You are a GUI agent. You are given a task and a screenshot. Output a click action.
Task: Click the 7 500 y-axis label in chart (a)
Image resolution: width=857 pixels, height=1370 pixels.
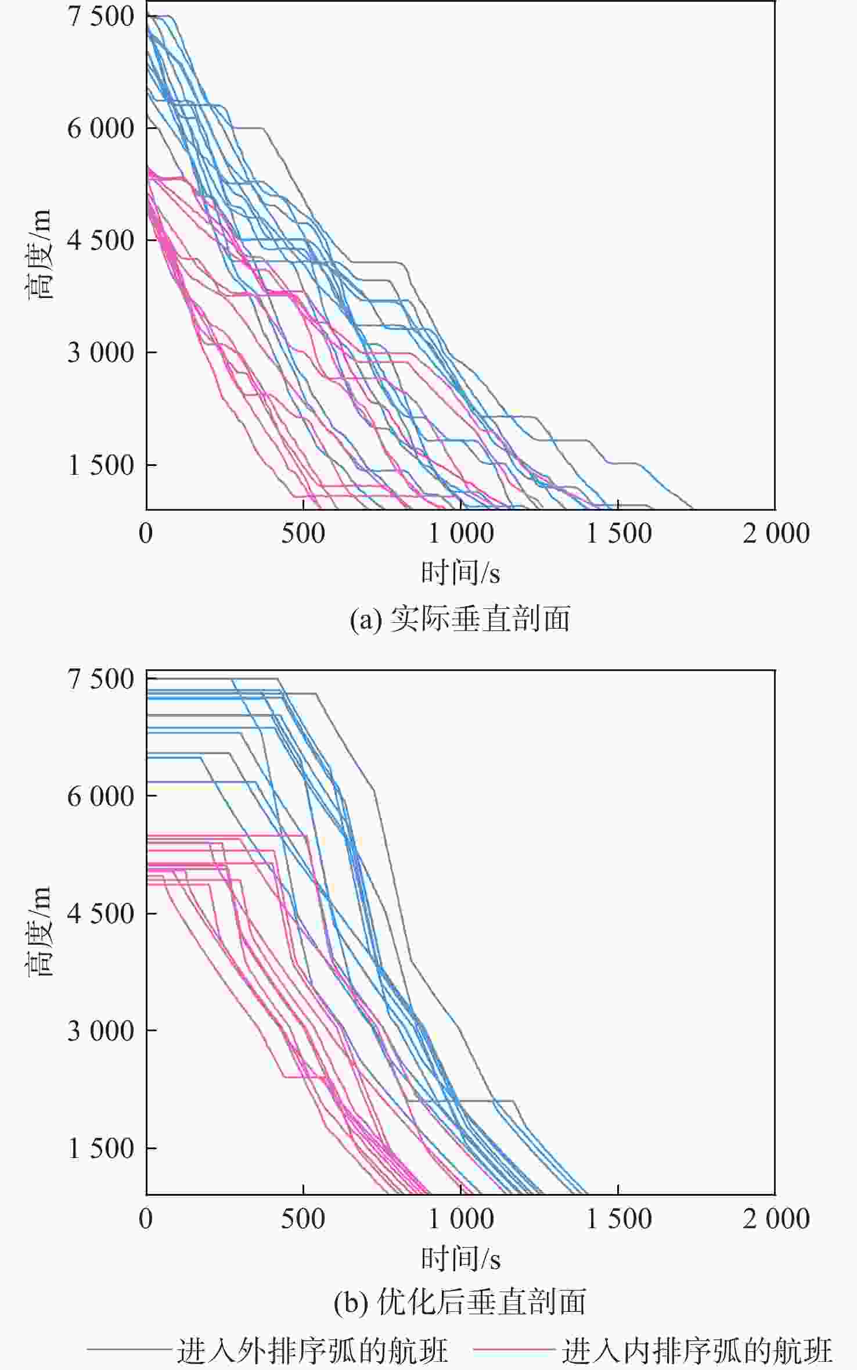pyautogui.click(x=101, y=16)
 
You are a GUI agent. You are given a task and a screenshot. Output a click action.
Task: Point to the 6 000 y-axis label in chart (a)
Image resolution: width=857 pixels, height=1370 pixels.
pyautogui.click(x=101, y=128)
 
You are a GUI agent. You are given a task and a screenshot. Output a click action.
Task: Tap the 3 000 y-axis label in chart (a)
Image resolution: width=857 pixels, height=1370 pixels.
pyautogui.click(x=101, y=352)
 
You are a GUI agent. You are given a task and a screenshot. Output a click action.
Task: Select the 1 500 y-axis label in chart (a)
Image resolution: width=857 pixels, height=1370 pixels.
pyautogui.click(x=101, y=465)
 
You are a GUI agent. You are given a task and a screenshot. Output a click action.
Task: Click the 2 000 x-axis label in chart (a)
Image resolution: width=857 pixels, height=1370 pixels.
pyautogui.click(x=776, y=533)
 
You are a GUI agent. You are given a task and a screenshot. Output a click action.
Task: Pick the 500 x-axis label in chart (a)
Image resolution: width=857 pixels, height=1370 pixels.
pyautogui.click(x=303, y=533)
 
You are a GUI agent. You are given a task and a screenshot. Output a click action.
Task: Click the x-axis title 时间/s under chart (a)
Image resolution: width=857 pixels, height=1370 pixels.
pyautogui.click(x=460, y=573)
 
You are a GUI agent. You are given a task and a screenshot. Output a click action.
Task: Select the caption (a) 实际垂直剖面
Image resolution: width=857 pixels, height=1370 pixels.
pyautogui.click(x=460, y=618)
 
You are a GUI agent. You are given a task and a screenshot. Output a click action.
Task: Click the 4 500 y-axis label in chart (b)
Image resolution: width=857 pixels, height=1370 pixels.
pyautogui.click(x=101, y=913)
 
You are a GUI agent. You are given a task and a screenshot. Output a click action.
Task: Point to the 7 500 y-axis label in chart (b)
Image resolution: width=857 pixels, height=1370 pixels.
pyautogui.click(x=101, y=679)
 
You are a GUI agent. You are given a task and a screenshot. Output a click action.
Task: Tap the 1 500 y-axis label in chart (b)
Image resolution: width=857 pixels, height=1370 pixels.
pyautogui.click(x=101, y=1148)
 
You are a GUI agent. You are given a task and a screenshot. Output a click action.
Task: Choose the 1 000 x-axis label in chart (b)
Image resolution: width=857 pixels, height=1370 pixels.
pyautogui.click(x=460, y=1219)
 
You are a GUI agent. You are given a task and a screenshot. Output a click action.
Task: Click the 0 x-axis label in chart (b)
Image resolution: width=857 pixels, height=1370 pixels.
pyautogui.click(x=146, y=1219)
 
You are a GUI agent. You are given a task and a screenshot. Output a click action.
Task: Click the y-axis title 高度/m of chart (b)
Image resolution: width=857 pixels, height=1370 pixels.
pyautogui.click(x=39, y=931)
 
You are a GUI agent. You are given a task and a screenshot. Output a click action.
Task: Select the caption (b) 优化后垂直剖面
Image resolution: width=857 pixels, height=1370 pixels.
pyautogui.click(x=460, y=1302)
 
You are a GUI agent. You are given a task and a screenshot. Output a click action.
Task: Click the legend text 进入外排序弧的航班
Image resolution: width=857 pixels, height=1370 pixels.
pyautogui.click(x=312, y=1349)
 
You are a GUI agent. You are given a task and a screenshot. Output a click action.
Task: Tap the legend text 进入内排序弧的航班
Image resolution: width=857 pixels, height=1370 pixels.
pyautogui.click(x=697, y=1349)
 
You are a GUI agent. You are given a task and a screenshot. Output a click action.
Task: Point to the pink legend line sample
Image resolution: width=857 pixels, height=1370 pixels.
pyautogui.click(x=513, y=1348)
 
